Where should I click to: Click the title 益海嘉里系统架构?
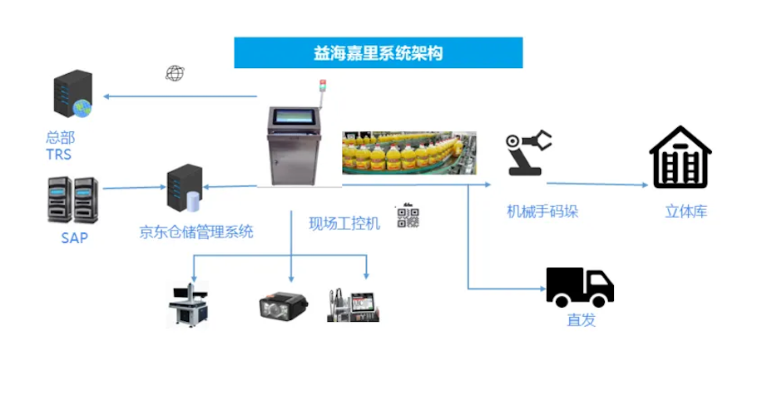[x=378, y=53]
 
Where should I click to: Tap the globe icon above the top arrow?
[x=174, y=73]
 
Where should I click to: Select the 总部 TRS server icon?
[x=72, y=95]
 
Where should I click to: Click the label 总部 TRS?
[x=60, y=146]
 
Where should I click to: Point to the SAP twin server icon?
[x=73, y=199]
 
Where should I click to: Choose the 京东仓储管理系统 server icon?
[x=185, y=190]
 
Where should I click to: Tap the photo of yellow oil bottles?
[x=409, y=152]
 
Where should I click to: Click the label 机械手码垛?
[x=542, y=211]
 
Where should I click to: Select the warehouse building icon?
[x=680, y=157]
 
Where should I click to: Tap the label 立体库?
[x=685, y=211]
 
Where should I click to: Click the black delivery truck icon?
[x=580, y=287]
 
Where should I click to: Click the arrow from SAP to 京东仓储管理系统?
[x=133, y=188]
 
